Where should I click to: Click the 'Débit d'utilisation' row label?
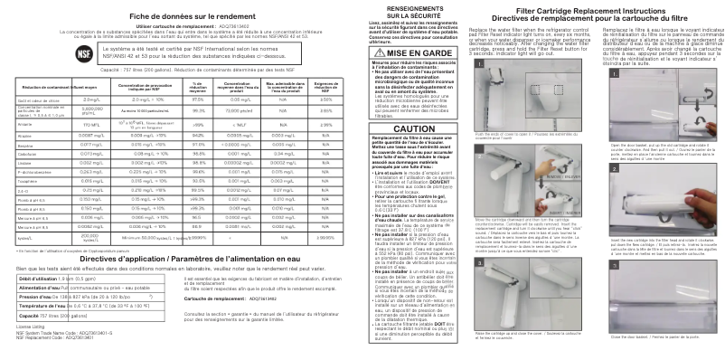tap(42, 279)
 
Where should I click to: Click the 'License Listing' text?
tap(30, 326)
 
